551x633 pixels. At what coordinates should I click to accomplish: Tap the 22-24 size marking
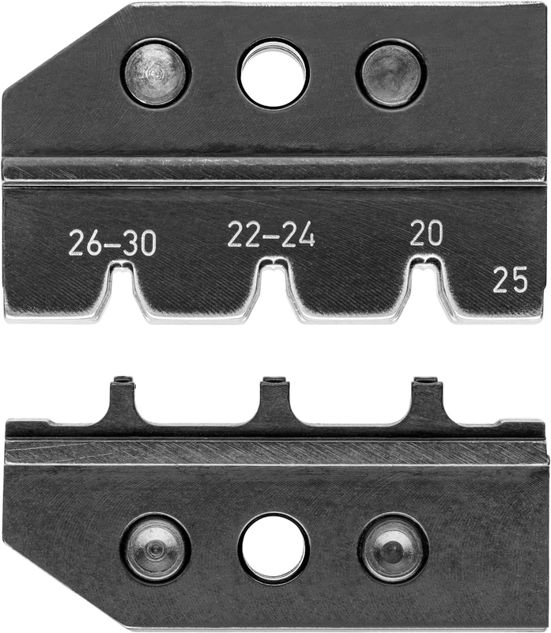(271, 234)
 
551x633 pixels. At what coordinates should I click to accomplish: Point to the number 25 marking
(510, 280)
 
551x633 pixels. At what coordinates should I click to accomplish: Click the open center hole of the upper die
(274, 74)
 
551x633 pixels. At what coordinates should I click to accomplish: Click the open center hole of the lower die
(274, 548)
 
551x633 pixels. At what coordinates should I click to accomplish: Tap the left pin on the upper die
(156, 72)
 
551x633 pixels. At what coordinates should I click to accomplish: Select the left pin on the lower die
(156, 548)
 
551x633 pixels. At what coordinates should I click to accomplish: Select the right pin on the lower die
(392, 548)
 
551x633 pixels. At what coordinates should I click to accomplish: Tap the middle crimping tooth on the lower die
(274, 400)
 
